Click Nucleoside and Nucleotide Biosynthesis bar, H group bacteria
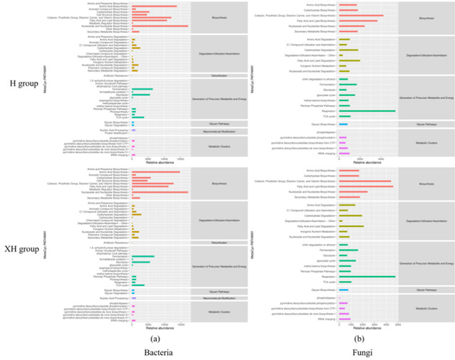click(x=160, y=26)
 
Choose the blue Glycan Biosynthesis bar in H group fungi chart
click(x=343, y=124)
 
